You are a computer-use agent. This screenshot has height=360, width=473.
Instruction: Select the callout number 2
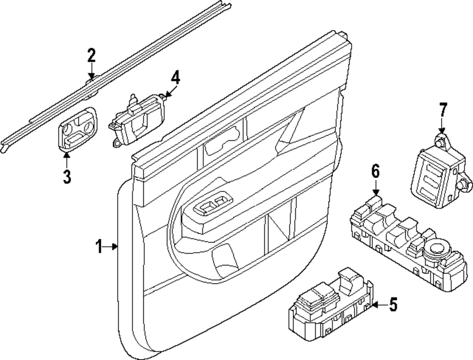[91, 56]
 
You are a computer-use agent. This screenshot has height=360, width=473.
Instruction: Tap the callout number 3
[67, 177]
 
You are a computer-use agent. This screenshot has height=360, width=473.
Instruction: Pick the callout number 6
[375, 172]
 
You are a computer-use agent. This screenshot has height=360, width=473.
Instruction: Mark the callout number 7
[442, 110]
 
